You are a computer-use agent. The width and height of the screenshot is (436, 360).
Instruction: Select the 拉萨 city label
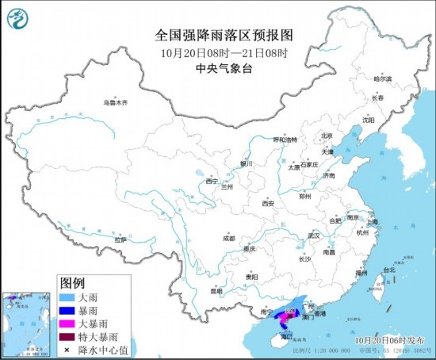pyautogui.click(x=120, y=239)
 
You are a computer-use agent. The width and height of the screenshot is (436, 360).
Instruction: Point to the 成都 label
pyautogui.click(x=228, y=237)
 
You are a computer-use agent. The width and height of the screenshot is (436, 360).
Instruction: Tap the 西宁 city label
pyautogui.click(x=211, y=181)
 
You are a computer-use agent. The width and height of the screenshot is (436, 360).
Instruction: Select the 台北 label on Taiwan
pyautogui.click(x=388, y=270)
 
